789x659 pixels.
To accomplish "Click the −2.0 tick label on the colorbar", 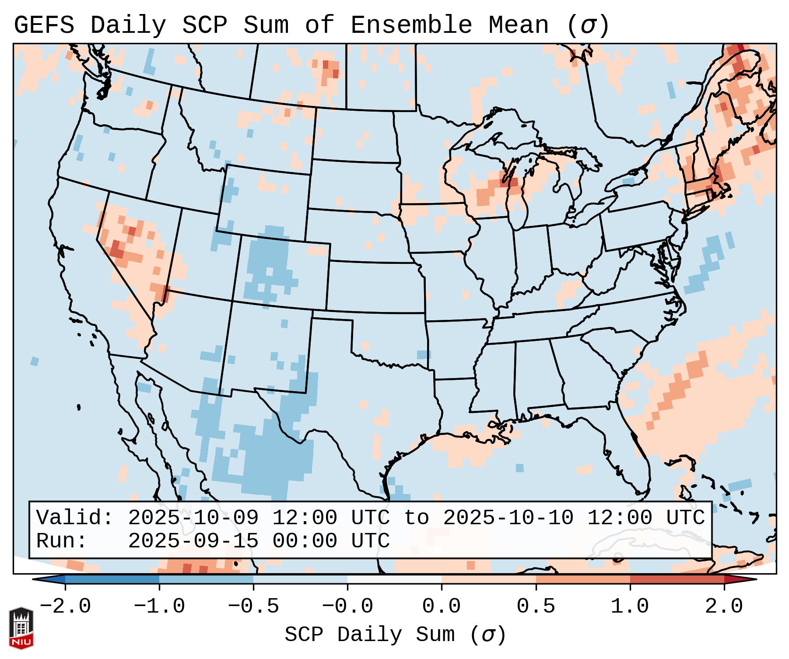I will point(65,606).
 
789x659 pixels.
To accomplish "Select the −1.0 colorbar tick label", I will point(159,606).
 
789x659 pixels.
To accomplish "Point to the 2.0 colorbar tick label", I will point(724,606).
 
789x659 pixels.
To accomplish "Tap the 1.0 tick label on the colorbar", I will point(630,606).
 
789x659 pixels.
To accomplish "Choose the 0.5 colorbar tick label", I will point(536,606).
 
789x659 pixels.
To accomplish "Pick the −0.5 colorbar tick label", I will point(253,606).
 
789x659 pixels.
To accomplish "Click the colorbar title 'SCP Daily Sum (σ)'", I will point(395,634).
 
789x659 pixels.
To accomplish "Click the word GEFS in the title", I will point(44,25).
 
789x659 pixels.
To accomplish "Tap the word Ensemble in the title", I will point(411,25).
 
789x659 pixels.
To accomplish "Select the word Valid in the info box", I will point(70,518).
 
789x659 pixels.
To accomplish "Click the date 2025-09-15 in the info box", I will point(193,541).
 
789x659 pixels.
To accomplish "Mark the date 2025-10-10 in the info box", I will point(508,518).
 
